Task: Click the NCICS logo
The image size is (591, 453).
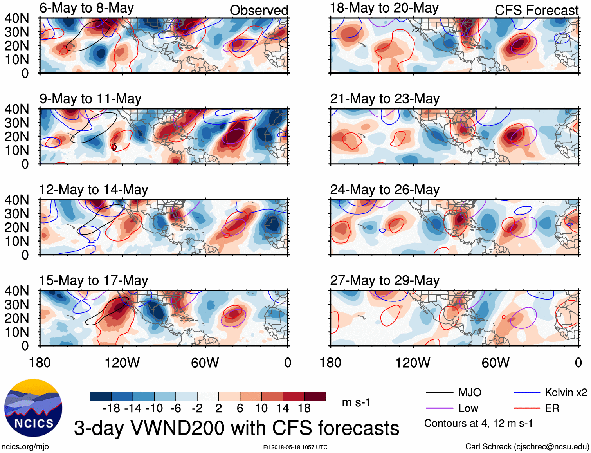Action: coord(33,408)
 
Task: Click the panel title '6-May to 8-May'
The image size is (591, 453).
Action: coord(86,8)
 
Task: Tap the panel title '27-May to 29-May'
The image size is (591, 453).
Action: coord(385,281)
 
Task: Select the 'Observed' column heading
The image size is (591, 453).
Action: coord(259,10)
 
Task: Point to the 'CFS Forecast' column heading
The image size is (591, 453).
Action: coord(536,10)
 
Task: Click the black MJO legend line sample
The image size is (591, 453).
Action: coord(439,392)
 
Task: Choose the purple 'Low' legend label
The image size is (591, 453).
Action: coord(468,408)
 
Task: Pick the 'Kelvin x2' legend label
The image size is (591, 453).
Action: coord(566,392)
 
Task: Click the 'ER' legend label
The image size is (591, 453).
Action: coord(552,408)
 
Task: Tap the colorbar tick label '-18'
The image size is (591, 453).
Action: coord(112,408)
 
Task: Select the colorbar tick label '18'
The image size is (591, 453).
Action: coord(304,408)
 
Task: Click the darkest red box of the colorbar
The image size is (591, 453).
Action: coord(315,396)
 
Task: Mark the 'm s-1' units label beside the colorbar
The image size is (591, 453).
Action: coord(356,402)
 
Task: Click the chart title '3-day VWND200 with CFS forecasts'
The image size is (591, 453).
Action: coord(236,428)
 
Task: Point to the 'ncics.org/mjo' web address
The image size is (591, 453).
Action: coord(25,446)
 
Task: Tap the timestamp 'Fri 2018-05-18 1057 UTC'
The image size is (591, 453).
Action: coord(295,447)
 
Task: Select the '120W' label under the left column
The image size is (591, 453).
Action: coord(122,363)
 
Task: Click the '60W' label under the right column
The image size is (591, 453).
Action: coord(496,363)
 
